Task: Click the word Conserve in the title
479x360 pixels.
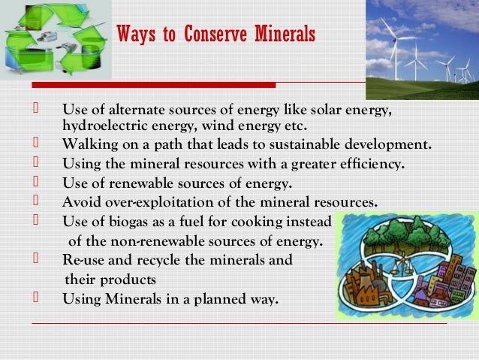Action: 218,35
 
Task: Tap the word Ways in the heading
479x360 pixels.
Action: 135,35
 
